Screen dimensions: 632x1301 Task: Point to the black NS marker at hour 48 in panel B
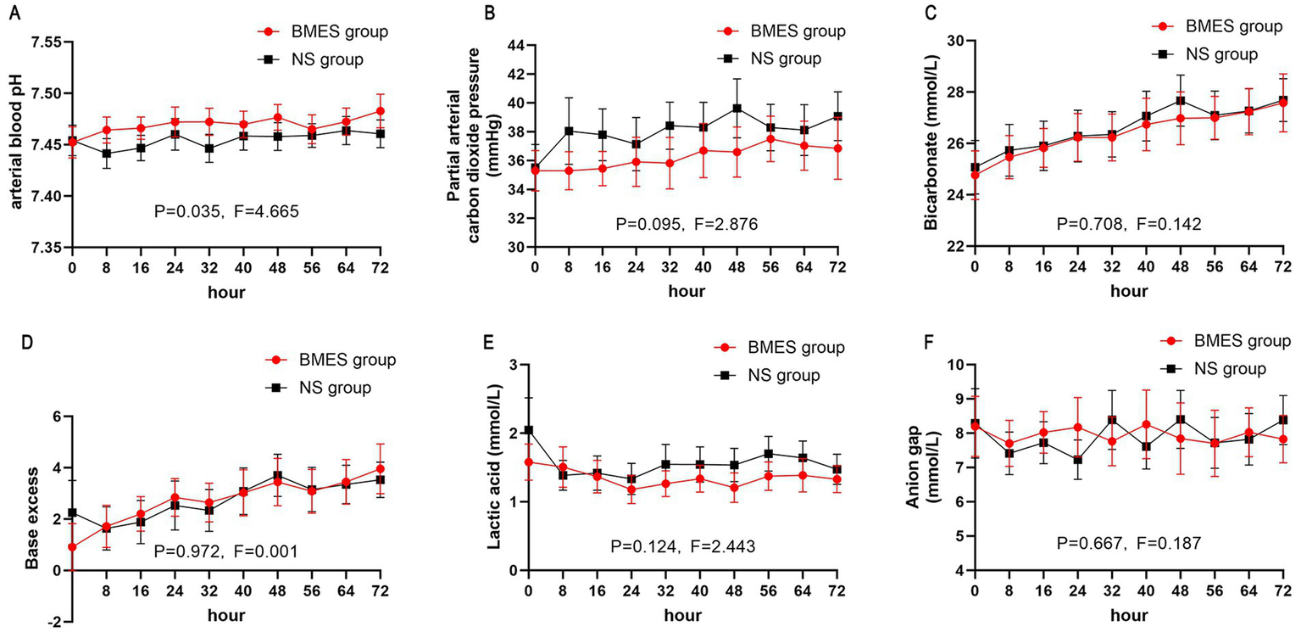737,108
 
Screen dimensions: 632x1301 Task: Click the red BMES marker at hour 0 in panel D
72,547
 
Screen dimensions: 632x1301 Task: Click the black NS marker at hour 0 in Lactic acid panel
529,430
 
